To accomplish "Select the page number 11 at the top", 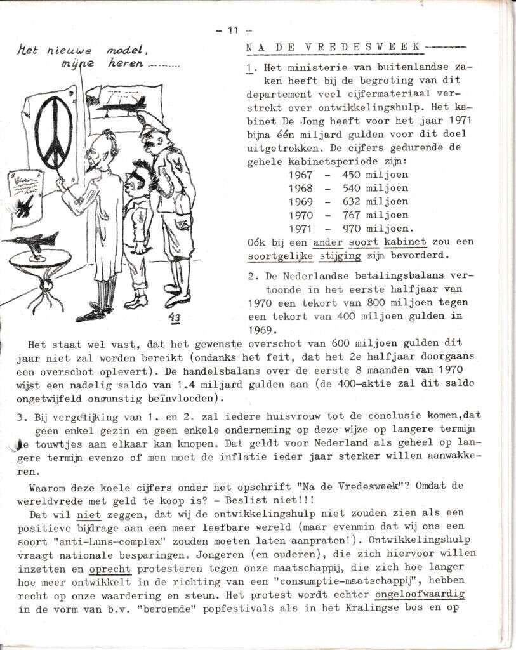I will coord(232,29).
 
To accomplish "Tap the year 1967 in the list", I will coord(300,175).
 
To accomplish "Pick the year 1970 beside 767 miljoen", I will coord(300,215).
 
